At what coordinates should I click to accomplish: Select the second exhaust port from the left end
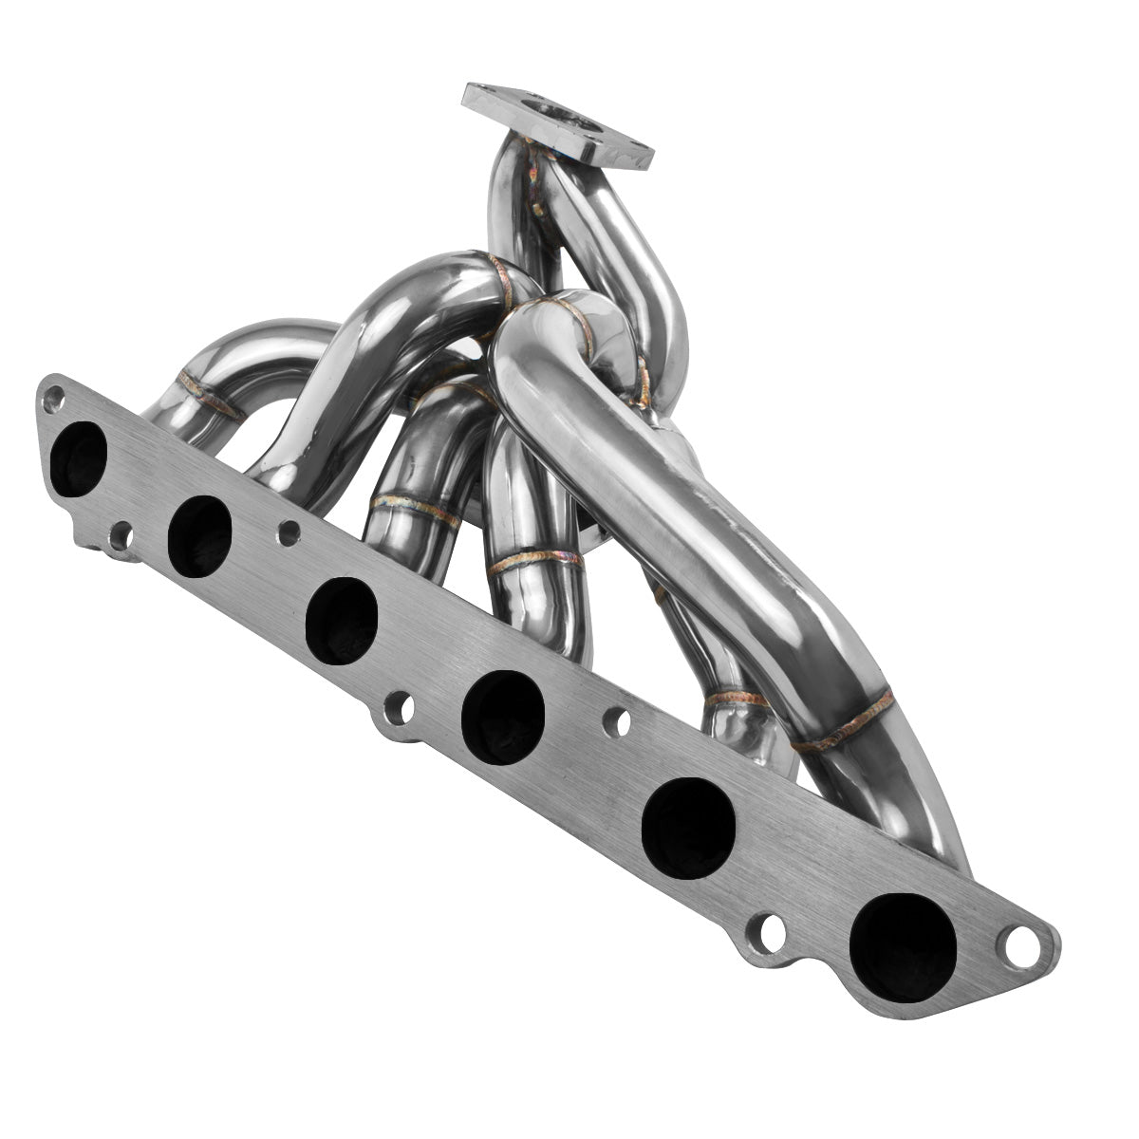click(x=199, y=535)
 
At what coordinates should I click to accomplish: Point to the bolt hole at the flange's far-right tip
click(x=1023, y=943)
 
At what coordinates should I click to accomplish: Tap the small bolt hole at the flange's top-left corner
click(x=54, y=395)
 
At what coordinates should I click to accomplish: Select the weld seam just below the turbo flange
click(x=537, y=180)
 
